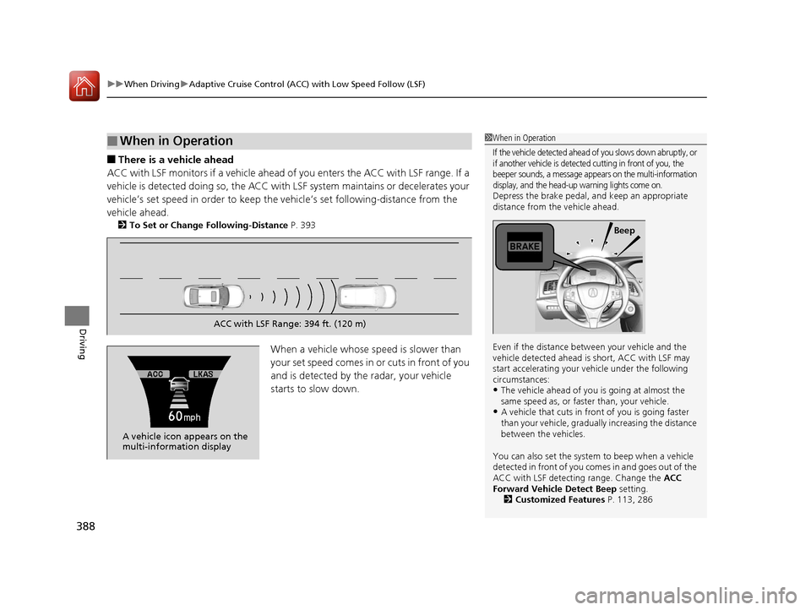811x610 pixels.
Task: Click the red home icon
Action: (x=84, y=84)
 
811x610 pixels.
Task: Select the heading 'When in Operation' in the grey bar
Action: (x=177, y=141)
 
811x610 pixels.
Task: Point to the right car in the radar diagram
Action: (x=366, y=296)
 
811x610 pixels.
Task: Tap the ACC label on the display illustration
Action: (x=154, y=373)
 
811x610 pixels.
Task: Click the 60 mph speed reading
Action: (x=183, y=417)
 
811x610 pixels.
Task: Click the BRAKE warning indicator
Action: (x=524, y=246)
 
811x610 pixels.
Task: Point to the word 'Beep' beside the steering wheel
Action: (x=624, y=230)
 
